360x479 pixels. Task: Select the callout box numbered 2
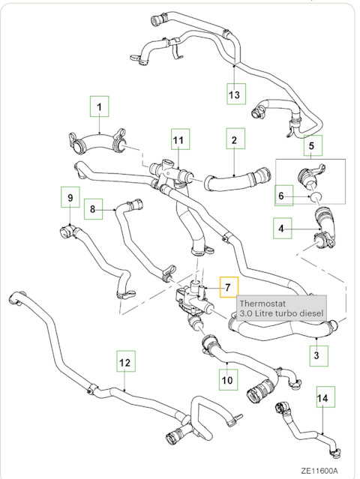pos(234,139)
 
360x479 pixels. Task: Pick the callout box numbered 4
pos(280,228)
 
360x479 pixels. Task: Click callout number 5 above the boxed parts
pos(312,146)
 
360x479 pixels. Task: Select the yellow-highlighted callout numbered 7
pos(227,288)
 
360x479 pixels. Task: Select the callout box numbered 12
pos(126,362)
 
